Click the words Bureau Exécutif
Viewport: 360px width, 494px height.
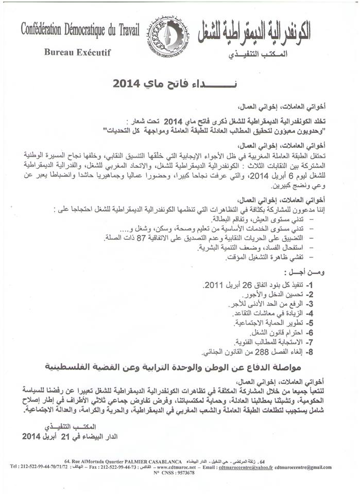77,52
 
